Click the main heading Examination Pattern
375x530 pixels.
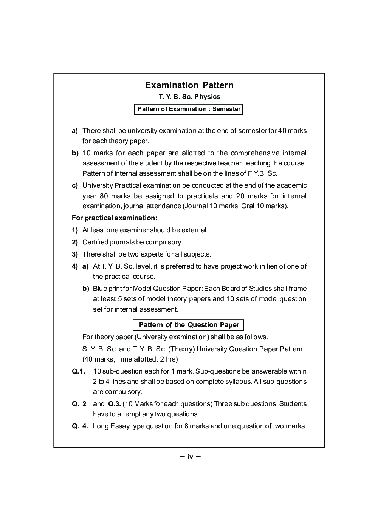coord(189,85)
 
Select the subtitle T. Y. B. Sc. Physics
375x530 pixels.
coord(189,97)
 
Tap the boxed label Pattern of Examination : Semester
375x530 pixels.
coord(189,109)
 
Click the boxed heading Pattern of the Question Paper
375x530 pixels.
coord(189,325)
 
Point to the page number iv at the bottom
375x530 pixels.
coord(190,457)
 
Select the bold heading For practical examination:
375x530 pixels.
coord(114,218)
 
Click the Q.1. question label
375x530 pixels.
coord(78,371)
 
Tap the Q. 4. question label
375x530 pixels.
coord(80,426)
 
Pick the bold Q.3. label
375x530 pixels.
coord(114,404)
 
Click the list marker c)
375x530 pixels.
coord(75,185)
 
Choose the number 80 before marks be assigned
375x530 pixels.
coord(104,196)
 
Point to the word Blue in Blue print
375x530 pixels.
coord(100,289)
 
